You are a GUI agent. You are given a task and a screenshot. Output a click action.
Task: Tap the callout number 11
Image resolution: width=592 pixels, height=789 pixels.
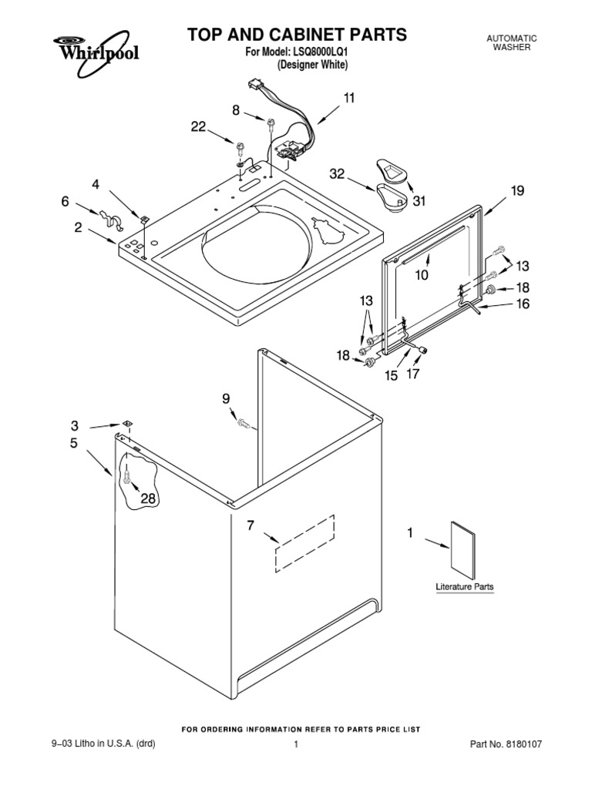coord(349,98)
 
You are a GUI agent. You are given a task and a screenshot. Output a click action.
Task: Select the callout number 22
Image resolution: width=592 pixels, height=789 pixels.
coord(198,127)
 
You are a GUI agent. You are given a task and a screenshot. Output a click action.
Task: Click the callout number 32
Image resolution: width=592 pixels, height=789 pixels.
coord(336,175)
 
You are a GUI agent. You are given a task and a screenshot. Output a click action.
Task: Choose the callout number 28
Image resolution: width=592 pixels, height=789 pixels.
coord(147,499)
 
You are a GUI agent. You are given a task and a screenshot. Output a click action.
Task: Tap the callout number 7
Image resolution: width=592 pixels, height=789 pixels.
coord(250,526)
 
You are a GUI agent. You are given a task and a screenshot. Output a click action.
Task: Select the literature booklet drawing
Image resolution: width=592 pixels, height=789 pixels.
coord(462,549)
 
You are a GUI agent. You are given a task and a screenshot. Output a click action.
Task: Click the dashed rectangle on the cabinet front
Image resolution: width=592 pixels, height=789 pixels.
coord(305,543)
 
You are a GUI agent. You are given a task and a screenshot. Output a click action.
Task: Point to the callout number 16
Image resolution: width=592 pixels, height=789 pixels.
coord(523,304)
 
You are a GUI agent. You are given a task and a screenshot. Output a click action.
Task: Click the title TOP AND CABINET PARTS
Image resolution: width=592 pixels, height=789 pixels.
coord(297,35)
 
